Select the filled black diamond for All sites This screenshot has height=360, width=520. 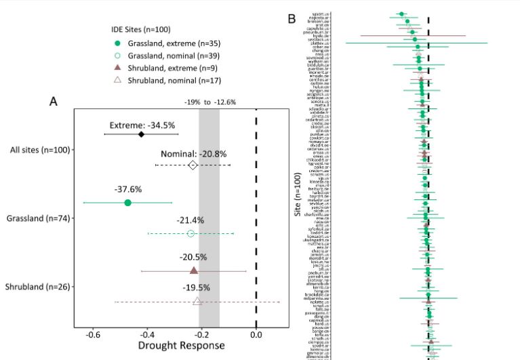141,134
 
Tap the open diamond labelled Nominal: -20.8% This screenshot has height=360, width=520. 193,165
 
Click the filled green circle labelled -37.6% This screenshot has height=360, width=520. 128,203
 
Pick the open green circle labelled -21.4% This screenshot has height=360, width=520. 191,233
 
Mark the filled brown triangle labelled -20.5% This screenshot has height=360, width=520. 193,271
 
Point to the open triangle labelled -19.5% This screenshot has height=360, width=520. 197,301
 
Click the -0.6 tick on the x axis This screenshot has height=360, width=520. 94,334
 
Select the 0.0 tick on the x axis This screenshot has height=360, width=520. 256,334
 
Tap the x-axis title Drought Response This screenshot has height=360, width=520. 181,346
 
